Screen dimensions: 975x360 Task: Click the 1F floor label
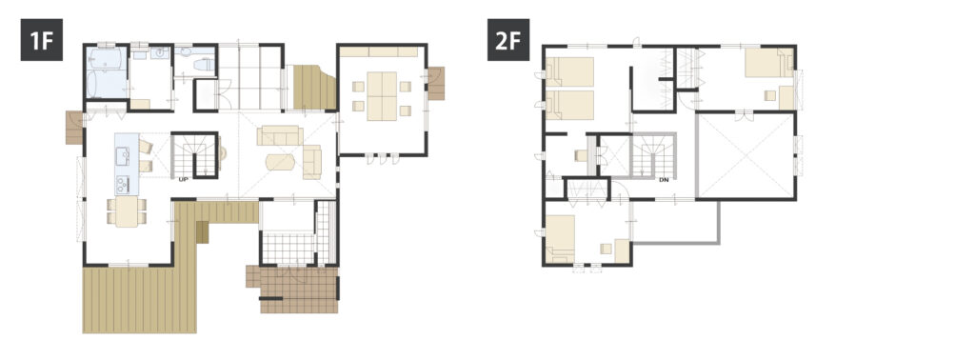[42, 40]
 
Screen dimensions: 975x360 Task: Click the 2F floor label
[508, 40]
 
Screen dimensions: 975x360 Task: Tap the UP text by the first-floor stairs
[183, 179]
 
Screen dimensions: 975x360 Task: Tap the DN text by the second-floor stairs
[664, 180]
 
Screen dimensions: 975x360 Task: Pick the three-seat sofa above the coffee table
[281, 135]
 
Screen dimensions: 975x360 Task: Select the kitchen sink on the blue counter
[123, 156]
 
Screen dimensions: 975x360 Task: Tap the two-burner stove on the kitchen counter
[123, 184]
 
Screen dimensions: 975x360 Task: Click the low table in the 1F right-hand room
[381, 96]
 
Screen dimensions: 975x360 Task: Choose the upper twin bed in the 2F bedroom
[569, 71]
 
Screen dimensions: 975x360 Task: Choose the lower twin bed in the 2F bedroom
[569, 105]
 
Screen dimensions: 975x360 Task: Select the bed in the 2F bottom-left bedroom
[560, 238]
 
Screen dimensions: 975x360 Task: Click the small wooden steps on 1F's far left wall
[74, 128]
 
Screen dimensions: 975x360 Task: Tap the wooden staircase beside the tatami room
[313, 87]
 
